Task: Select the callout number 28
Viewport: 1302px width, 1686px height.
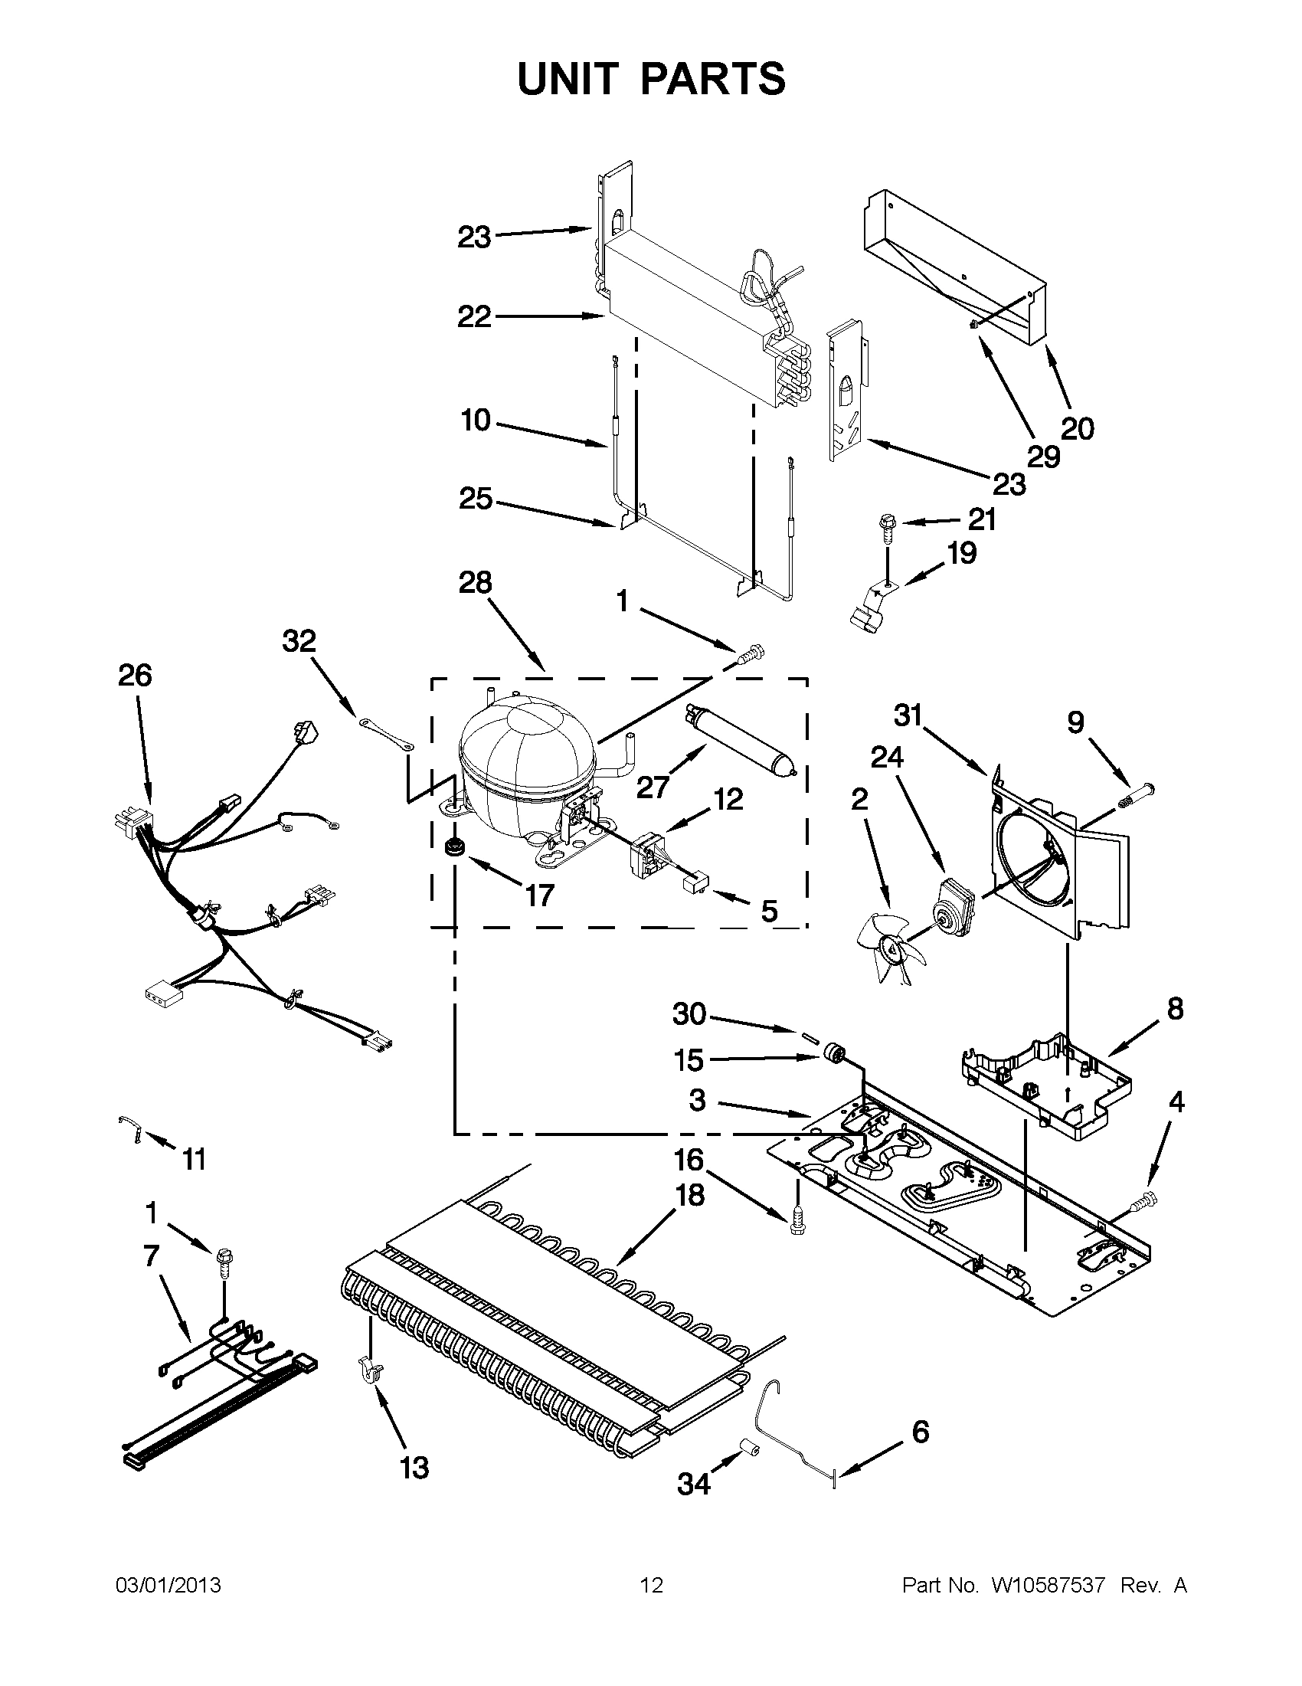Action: pos(475,583)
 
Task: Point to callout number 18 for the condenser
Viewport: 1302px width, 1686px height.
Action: pos(689,1196)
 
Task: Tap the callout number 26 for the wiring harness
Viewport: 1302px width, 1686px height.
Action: pos(135,676)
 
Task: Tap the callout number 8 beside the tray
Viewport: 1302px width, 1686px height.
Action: pos(1175,1008)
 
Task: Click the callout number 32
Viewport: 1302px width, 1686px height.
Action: pos(299,640)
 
